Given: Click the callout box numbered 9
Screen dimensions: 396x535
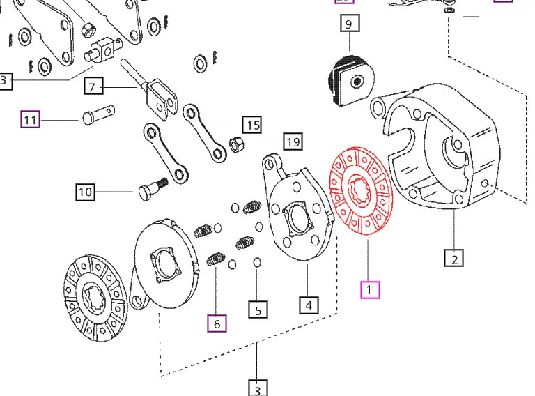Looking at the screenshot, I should (x=348, y=25).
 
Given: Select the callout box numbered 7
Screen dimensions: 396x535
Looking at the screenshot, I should (x=94, y=86).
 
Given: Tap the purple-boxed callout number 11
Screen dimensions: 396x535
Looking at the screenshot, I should (x=30, y=121).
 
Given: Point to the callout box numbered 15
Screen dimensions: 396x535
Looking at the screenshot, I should (x=251, y=125).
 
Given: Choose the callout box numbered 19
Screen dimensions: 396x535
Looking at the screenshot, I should (x=293, y=142).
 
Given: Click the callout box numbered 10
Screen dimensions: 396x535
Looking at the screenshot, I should (x=85, y=191).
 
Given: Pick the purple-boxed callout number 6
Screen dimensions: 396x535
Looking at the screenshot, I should (x=217, y=323).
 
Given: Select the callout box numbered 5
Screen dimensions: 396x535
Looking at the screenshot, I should (x=258, y=310).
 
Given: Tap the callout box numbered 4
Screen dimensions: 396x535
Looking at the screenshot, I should (x=309, y=305).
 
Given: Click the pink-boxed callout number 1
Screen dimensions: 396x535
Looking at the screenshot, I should (x=369, y=289).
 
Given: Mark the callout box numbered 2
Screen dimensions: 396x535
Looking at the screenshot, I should (x=453, y=259).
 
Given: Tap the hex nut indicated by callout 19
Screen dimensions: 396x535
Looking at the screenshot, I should (x=236, y=146).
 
